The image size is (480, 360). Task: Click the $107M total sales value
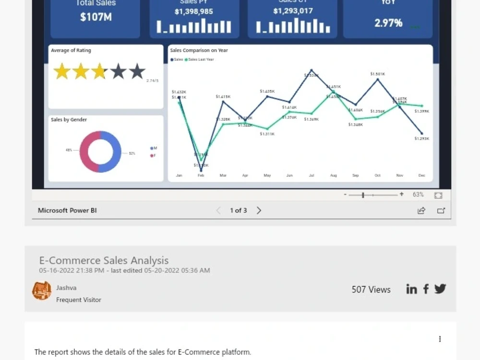[x=96, y=17]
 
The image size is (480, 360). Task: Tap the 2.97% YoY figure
[x=388, y=23]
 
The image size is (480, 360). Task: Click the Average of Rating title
[x=71, y=50]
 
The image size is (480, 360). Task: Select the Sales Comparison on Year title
[x=199, y=50]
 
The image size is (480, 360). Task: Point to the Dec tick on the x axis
[x=422, y=176]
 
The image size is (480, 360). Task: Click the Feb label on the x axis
[x=201, y=176]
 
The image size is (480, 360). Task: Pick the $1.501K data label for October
[x=378, y=74]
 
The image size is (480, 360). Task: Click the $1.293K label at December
[x=422, y=139]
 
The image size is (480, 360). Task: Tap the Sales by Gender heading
[x=69, y=120]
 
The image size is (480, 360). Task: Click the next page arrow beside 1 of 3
[x=259, y=210]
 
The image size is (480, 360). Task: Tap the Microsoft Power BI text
[x=67, y=210]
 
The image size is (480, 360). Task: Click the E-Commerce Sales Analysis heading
[x=104, y=261]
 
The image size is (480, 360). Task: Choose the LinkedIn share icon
[x=411, y=289]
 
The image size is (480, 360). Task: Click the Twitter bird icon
[x=440, y=288]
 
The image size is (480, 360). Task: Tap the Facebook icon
[x=426, y=289]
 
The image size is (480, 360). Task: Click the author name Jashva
[x=66, y=288]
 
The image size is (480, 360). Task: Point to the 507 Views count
[x=371, y=289]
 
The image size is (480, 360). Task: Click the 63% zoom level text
[x=418, y=194]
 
